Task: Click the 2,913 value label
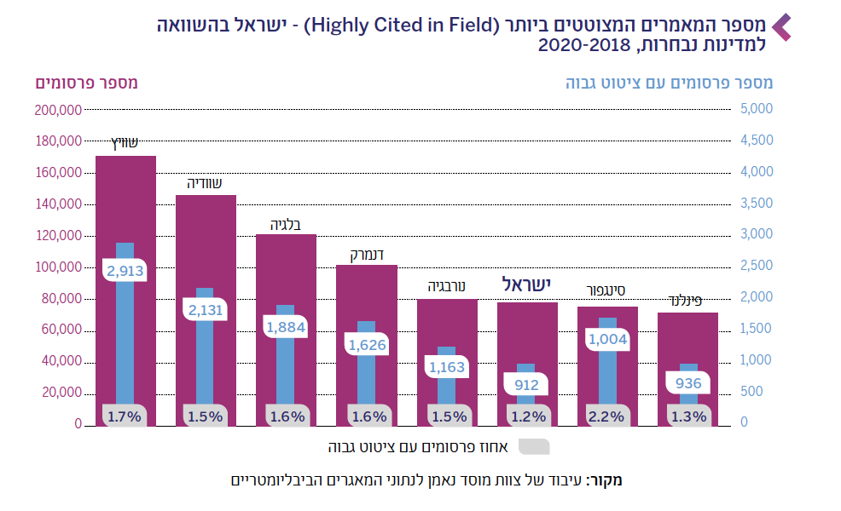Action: pos(125,272)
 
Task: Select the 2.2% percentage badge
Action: pos(607,416)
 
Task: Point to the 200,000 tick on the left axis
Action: pos(59,110)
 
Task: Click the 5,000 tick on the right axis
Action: pos(757,109)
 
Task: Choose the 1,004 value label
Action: pos(607,339)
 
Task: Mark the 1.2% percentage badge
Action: pos(527,416)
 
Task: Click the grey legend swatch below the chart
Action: pos(533,446)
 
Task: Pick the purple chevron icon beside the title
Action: pos(781,26)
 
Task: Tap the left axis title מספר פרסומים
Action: pos(87,83)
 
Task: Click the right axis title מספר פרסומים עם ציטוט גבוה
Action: pos(669,83)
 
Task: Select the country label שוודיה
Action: pos(205,183)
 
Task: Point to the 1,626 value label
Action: pos(367,345)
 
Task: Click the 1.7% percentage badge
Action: pos(125,416)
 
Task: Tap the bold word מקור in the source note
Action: pos(607,480)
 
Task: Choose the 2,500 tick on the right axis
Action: pos(757,267)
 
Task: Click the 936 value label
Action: pos(687,383)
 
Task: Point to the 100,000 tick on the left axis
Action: pos(59,267)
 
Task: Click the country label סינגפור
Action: pos(607,290)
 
